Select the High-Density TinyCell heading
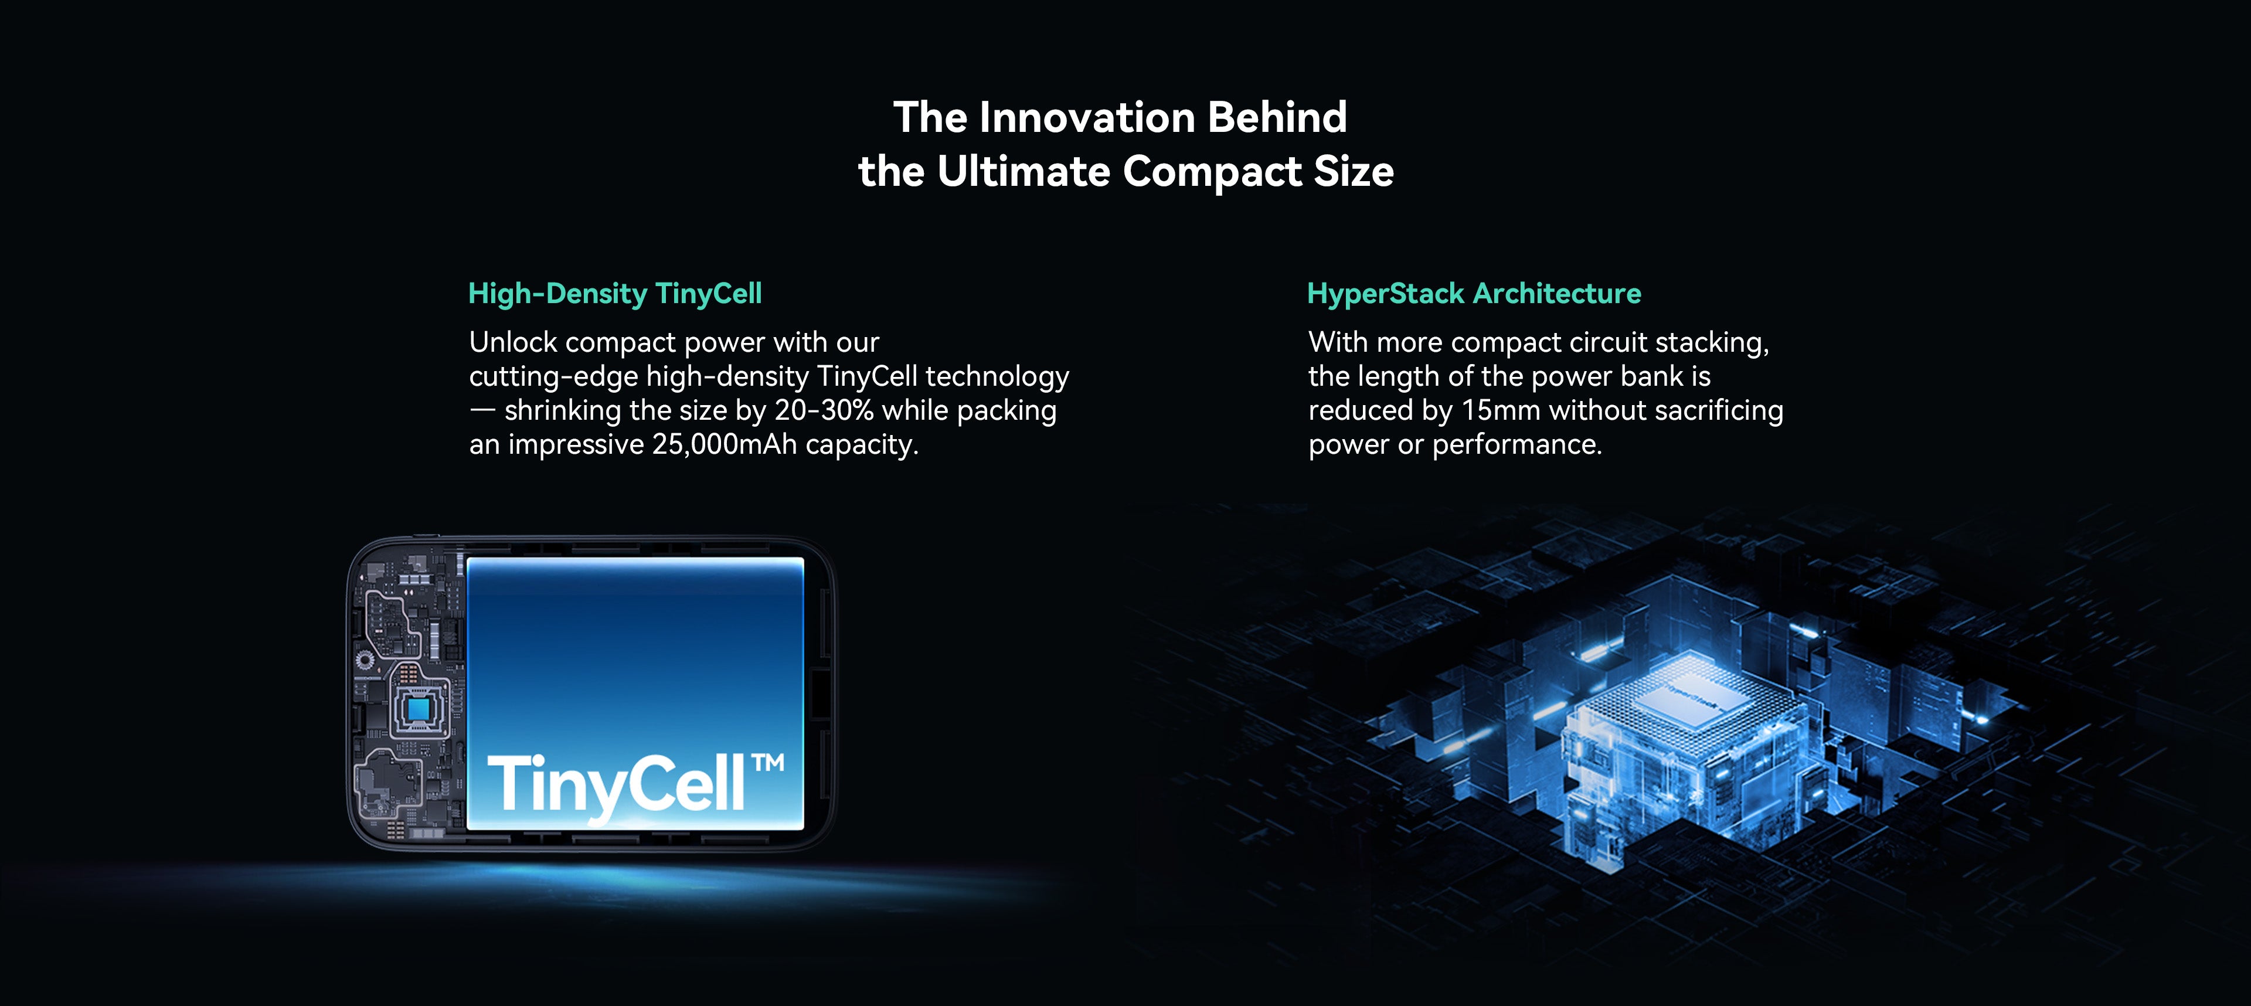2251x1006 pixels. click(615, 294)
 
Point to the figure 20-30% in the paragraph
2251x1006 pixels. click(824, 410)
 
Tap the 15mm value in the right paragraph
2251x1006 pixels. click(1501, 410)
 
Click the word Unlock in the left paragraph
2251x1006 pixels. click(513, 342)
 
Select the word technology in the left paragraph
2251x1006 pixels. click(997, 378)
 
